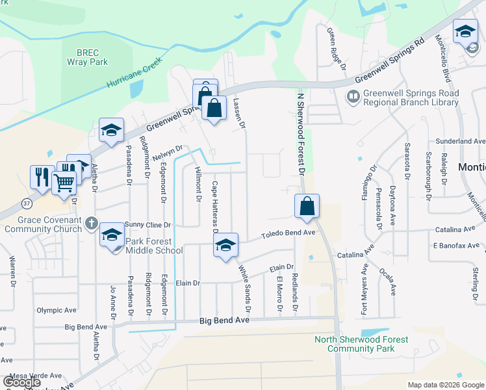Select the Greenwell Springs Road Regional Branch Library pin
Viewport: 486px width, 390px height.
pyautogui.click(x=353, y=97)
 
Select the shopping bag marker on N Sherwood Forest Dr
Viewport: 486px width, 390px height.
pyautogui.click(x=306, y=206)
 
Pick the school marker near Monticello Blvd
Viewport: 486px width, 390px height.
pyautogui.click(x=465, y=32)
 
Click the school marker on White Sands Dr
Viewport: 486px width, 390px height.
pyautogui.click(x=225, y=245)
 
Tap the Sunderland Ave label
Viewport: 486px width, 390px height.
pyautogui.click(x=461, y=140)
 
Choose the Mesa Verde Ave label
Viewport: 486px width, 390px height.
pyautogui.click(x=35, y=375)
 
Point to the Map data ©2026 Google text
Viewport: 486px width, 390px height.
pyautogui.click(x=445, y=385)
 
